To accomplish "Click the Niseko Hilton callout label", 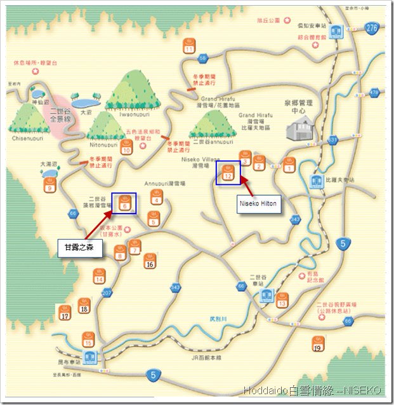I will pos(258,205).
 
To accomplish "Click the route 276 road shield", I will pos(372,27).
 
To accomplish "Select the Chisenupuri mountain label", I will pos(26,137).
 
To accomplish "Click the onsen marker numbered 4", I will pos(157,197).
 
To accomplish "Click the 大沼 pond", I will pos(86,102).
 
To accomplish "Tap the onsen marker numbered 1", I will pos(289,165).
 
